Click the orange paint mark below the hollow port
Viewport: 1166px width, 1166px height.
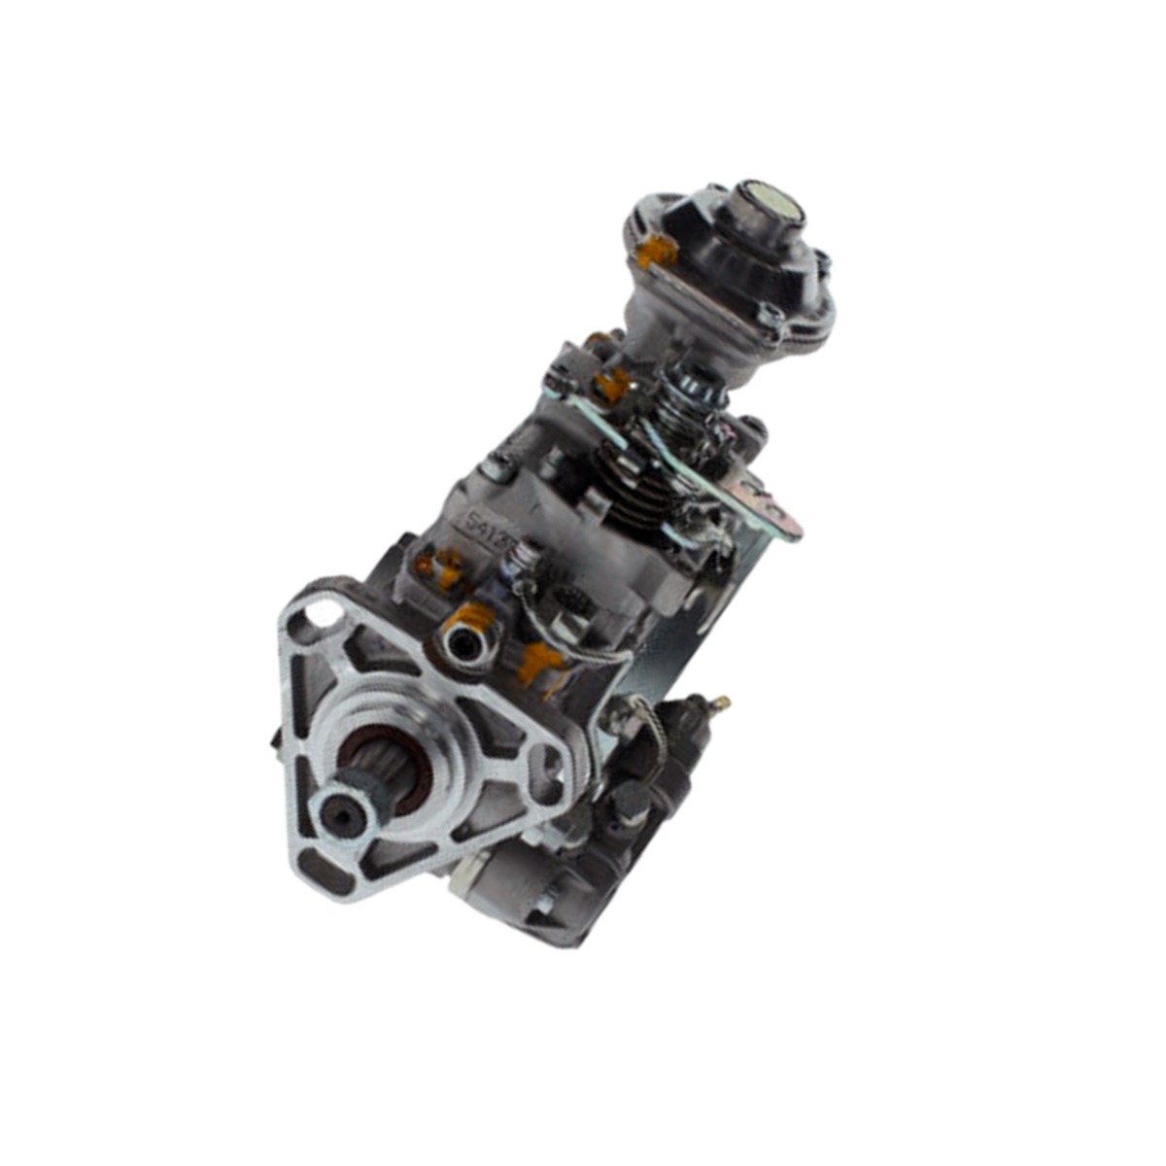537,664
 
